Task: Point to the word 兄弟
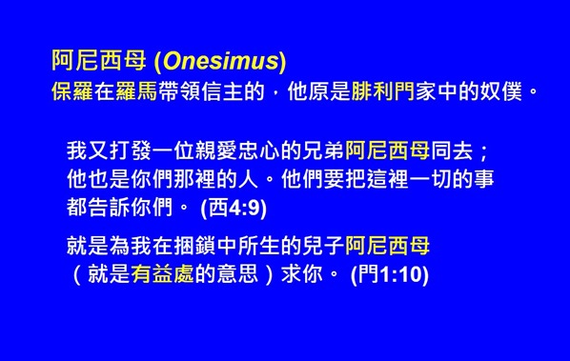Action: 325,151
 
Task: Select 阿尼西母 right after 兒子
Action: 387,248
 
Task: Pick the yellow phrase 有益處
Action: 160,275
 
